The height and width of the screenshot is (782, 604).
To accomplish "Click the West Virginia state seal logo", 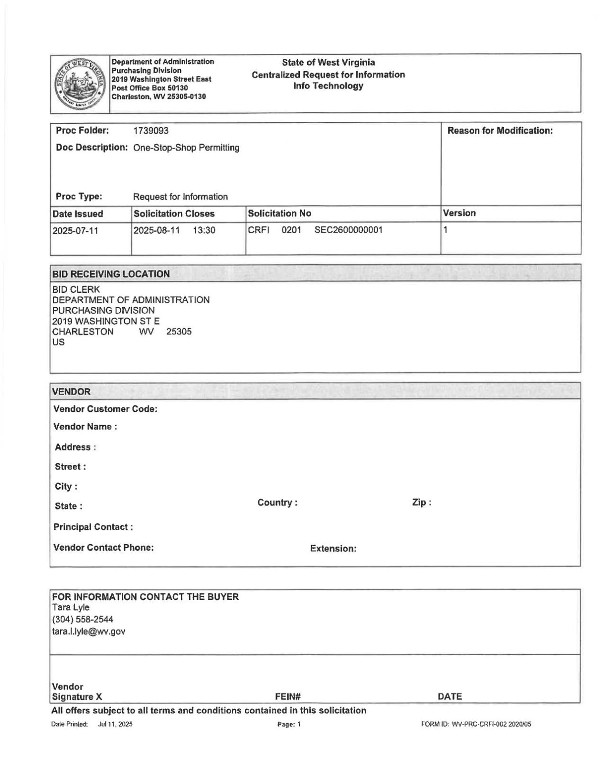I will tap(80, 83).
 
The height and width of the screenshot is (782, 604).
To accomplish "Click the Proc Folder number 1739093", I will tap(150, 131).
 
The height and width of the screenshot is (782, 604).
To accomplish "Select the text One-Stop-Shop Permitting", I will tap(186, 148).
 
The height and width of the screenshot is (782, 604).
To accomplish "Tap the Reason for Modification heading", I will tap(500, 131).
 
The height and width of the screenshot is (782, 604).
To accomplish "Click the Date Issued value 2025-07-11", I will tap(75, 231).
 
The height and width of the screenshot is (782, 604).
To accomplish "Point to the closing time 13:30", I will tap(204, 231).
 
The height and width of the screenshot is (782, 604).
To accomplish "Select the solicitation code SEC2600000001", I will tap(348, 230).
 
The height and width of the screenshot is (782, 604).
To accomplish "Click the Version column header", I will tap(459, 213).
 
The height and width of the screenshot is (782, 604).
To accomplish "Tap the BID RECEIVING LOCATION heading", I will tap(111, 274).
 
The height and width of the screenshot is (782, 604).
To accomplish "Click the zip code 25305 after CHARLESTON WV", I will tap(179, 332).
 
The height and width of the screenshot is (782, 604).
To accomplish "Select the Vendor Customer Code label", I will tap(106, 409).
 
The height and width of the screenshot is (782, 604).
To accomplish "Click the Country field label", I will tap(277, 503).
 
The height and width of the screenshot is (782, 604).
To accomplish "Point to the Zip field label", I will tap(422, 503).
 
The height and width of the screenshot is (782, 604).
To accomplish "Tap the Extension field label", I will tap(333, 548).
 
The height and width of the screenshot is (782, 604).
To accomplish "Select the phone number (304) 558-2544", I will tap(83, 620).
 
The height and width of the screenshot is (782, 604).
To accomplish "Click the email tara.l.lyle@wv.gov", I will tap(89, 632).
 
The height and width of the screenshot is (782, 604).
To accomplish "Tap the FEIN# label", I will tap(288, 696).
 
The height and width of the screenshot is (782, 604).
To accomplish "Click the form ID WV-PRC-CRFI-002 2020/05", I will tap(476, 724).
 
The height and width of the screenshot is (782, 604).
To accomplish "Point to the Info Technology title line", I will tap(328, 86).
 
